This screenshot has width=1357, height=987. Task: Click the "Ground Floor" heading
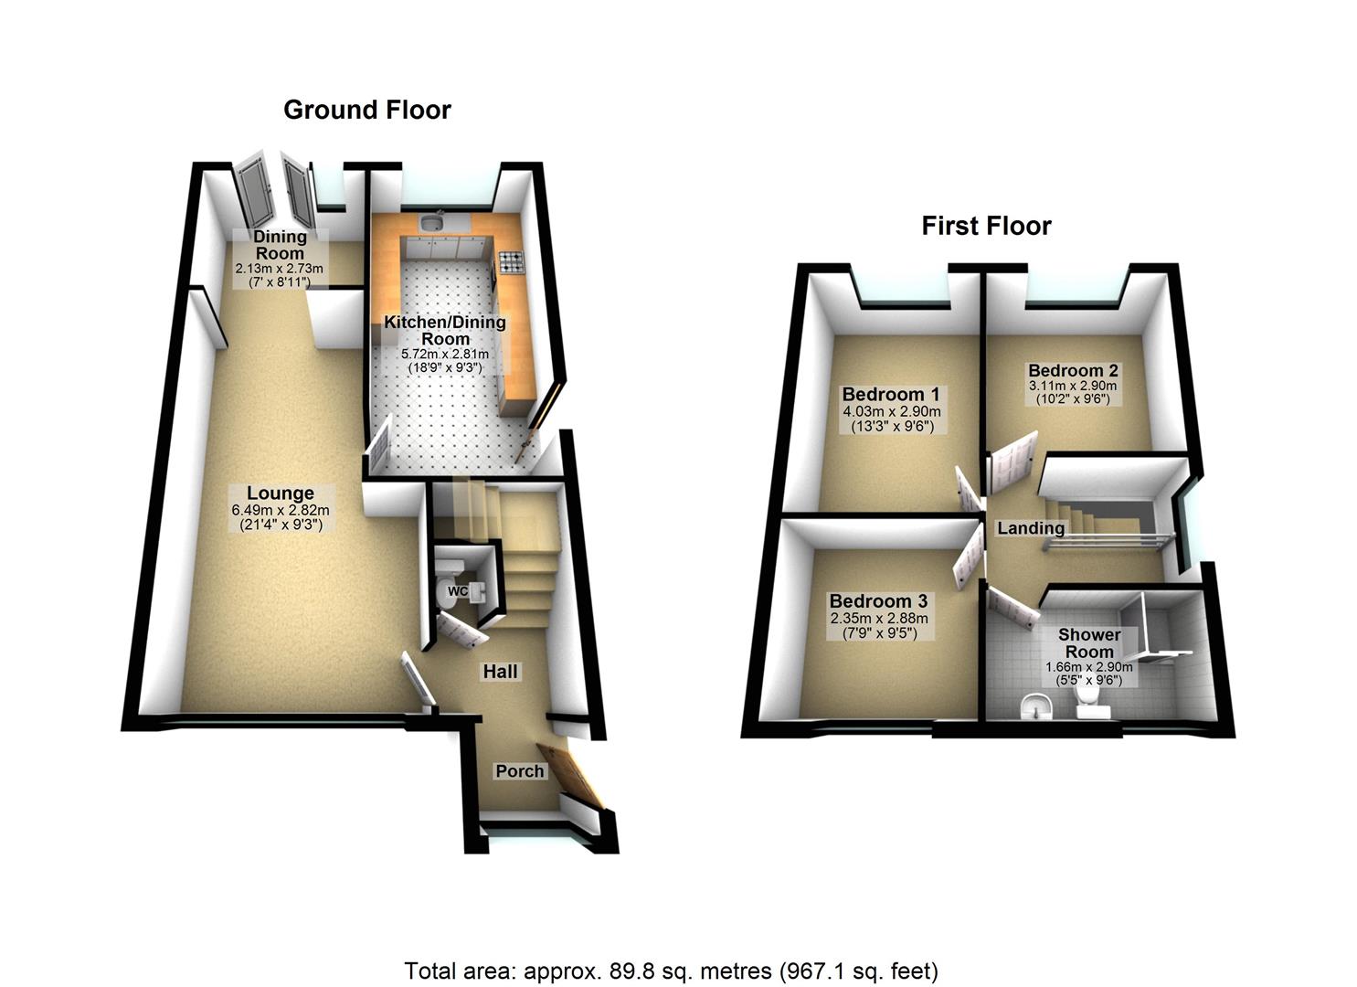click(x=367, y=111)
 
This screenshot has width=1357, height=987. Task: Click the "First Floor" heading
click(x=986, y=226)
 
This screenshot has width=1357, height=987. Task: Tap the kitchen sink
click(x=432, y=222)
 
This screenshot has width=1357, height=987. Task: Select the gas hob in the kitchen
click(x=511, y=263)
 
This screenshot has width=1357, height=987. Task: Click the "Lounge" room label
click(x=280, y=494)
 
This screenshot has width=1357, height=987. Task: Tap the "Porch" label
click(x=519, y=771)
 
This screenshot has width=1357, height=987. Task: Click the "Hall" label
click(x=500, y=672)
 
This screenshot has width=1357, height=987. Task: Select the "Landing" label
click(x=1031, y=528)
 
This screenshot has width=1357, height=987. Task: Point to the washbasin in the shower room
click(x=1034, y=706)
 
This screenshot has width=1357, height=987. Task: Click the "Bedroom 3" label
click(x=878, y=601)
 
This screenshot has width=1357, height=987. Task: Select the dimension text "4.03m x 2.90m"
click(x=891, y=412)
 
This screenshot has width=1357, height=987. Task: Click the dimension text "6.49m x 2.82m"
click(x=280, y=511)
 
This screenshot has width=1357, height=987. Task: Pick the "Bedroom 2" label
click(x=1073, y=371)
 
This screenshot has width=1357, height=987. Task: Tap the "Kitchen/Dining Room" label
click(x=445, y=330)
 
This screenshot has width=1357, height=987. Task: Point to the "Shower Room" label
click(x=1089, y=642)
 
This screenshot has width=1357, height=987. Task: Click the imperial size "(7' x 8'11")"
click(x=280, y=282)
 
